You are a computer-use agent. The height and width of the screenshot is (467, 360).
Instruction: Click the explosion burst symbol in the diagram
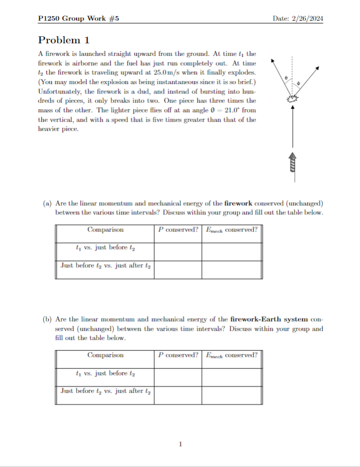click(x=292, y=99)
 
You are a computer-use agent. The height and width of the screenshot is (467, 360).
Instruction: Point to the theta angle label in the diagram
click(x=286, y=78)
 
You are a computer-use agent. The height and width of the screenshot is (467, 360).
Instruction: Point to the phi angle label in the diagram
click(x=298, y=82)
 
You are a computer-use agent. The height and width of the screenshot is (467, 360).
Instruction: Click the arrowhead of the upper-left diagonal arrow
click(x=273, y=61)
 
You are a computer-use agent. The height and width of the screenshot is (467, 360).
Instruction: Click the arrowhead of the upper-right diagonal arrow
click(x=318, y=66)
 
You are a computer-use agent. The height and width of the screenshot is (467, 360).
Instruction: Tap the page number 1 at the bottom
click(x=180, y=444)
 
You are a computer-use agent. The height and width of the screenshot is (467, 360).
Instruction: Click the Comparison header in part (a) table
click(x=105, y=230)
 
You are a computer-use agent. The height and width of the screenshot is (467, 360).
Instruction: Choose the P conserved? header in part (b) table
click(x=178, y=355)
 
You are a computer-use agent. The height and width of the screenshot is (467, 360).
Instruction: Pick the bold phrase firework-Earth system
click(x=269, y=320)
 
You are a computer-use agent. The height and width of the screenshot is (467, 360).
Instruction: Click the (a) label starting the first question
click(x=47, y=204)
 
